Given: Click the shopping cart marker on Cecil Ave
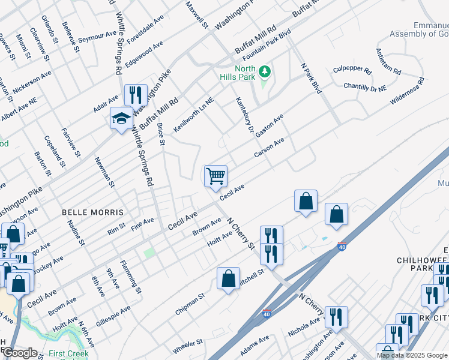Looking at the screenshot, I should tap(215, 176).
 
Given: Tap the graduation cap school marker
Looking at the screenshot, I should tap(121, 118).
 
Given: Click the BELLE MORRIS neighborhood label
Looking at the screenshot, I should tap(93, 212).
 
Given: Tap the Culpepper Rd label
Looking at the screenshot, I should tap(352, 70).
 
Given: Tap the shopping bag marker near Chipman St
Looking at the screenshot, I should tap(229, 278).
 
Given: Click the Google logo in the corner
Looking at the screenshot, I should tap(20, 353).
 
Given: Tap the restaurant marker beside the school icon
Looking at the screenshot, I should tap(136, 95).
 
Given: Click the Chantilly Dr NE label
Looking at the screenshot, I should tap(366, 87).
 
